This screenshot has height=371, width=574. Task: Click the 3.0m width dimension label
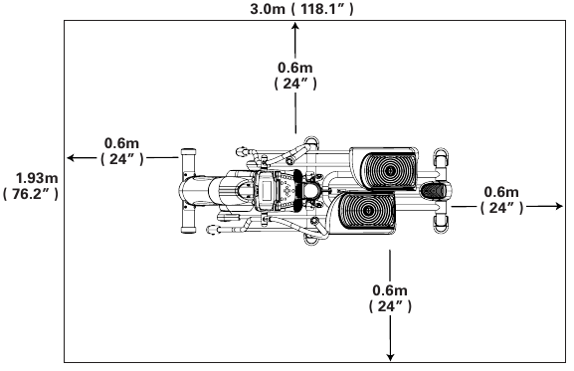(268, 9)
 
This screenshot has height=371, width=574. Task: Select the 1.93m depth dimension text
(37, 178)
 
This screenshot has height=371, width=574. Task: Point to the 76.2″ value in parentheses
(31, 194)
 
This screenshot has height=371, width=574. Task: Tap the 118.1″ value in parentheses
(322, 9)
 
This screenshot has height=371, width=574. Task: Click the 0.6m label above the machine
(295, 68)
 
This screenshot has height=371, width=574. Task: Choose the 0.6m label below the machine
(390, 290)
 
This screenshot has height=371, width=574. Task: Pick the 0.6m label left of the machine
(121, 143)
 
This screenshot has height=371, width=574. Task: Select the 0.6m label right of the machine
(501, 192)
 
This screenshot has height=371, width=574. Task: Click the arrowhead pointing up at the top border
(295, 25)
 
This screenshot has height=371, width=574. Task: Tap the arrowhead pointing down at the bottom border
(390, 357)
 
